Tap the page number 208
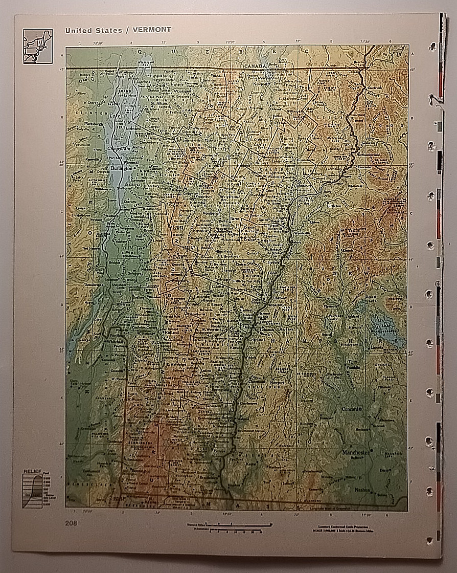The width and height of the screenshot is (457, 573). (x=71, y=522)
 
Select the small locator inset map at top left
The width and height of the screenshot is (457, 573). (x=37, y=46)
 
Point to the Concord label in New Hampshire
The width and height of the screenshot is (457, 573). (x=352, y=409)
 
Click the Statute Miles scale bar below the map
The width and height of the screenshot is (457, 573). (x=230, y=525)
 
